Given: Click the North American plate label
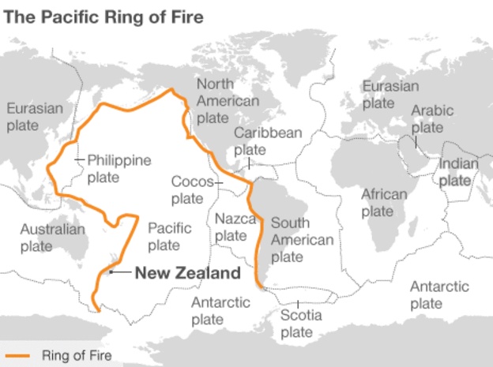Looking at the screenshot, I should coord(228,101).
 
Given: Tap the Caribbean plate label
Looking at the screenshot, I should coord(268,140).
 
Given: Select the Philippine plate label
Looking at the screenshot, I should coord(119,168).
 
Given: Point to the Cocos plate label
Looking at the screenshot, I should coord(188,189).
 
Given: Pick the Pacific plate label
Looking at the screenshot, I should coord(169,236).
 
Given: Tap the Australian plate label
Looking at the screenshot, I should coord(52,238).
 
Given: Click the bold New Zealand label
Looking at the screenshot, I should coord(186,274).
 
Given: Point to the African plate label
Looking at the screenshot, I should coord(384,202).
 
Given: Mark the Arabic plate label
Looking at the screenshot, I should coord(432,118).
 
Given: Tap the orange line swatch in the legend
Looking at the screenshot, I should coord(17,356).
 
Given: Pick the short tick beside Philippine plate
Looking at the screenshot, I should coord(79,160).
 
